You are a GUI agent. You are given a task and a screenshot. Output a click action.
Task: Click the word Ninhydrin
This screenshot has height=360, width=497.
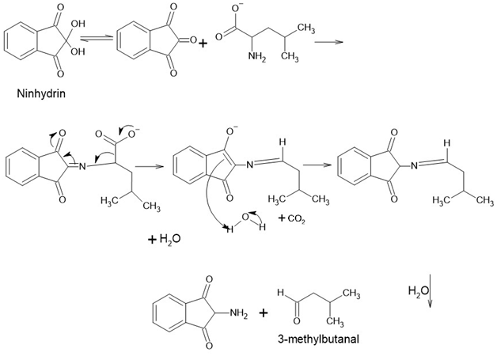tap(41, 94)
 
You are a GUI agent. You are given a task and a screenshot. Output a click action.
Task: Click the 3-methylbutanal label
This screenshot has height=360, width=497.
tap(319, 339)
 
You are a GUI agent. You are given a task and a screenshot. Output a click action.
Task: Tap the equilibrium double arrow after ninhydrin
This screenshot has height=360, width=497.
tap(97, 38)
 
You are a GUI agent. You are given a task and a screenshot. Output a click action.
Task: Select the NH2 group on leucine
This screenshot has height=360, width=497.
tap(257, 57)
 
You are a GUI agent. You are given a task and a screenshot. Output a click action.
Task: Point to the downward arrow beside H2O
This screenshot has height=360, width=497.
tap(431, 291)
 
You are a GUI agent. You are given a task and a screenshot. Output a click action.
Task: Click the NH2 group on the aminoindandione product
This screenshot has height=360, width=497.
tap(239, 313)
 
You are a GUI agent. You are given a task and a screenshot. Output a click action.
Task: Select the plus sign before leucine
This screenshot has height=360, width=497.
tap(203, 43)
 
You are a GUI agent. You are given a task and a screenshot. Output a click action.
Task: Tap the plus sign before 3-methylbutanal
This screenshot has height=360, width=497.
tap(263, 313)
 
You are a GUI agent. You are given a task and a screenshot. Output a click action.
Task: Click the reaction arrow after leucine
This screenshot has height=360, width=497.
tap(328, 42)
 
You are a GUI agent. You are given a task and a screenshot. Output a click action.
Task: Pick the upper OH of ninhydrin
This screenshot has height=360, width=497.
tap(78, 24)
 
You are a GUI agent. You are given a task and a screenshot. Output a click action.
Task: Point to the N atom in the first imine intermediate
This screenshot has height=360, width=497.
tap(82, 165)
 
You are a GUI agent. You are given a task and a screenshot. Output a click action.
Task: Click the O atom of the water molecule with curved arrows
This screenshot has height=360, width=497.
tap(245, 218)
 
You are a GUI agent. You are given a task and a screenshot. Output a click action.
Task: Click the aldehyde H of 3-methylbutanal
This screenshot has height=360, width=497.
tap(280, 292)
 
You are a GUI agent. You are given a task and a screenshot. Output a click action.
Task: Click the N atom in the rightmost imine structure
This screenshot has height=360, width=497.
tap(414, 165)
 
